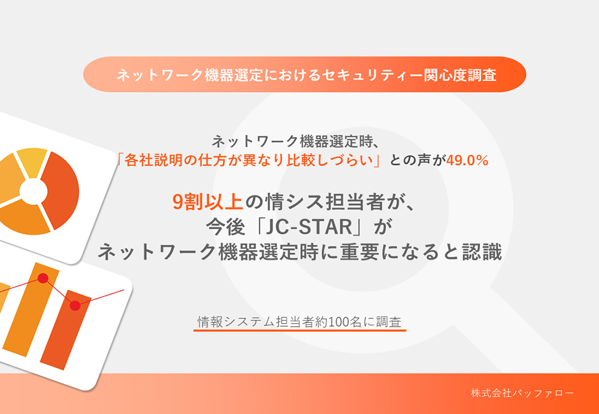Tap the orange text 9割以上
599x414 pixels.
pos(208,202)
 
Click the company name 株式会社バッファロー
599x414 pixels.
pos(522,394)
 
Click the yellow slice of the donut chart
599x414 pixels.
pos(32,162)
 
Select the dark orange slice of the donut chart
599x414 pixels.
pos(61,190)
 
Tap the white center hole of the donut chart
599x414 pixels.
pos(34,190)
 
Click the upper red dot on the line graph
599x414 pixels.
pos(43,278)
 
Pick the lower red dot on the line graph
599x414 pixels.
pos(75,305)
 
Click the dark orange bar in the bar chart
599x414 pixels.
pos(65,330)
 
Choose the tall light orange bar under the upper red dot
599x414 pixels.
pos(31,310)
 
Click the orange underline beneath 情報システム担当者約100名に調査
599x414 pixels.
pos(300,330)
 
